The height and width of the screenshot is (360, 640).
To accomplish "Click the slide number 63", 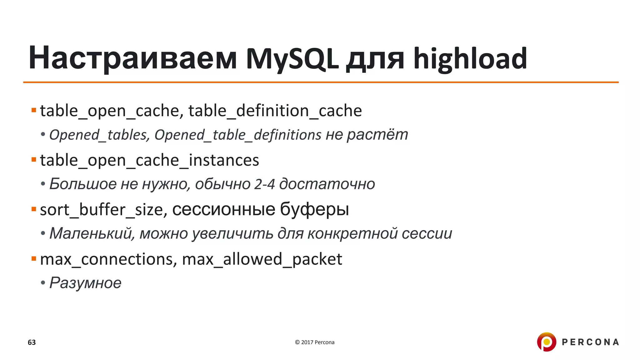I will click(32, 342).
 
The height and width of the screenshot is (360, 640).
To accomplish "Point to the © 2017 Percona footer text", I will click(314, 342).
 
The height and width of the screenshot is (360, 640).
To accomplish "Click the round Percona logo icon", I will click(547, 342).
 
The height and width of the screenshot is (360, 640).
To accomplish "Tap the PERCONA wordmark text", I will click(590, 342).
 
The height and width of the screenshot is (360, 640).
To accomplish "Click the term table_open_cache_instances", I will click(149, 161).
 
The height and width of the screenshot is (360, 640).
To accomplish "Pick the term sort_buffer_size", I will click(102, 210).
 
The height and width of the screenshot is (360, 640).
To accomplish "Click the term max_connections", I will click(106, 259).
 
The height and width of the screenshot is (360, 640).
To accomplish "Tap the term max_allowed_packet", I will click(262, 259).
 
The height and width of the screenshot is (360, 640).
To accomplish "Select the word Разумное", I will click(85, 283).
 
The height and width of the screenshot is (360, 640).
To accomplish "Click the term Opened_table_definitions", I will click(238, 135).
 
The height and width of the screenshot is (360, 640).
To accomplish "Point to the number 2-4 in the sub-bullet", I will click(264, 184).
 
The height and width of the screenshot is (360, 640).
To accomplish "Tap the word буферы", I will click(314, 210).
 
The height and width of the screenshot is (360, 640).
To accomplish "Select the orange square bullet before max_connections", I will click(34, 259).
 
